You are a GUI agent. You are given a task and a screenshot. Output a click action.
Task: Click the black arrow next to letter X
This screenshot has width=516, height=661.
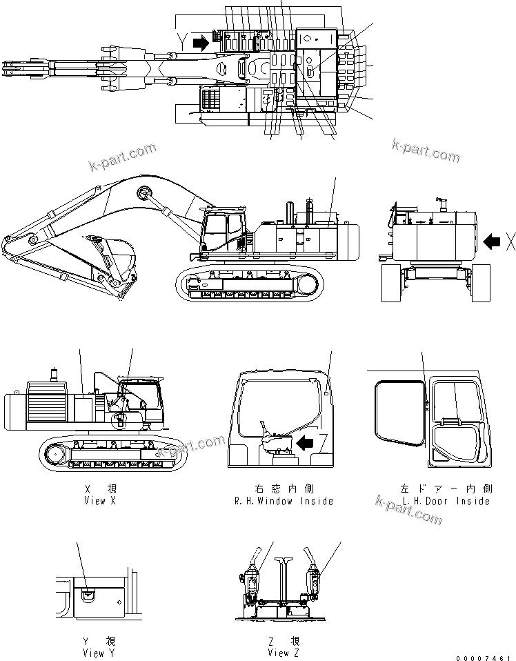click(x=491, y=241)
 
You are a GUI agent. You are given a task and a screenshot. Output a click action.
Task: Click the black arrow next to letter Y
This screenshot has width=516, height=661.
click(x=200, y=43)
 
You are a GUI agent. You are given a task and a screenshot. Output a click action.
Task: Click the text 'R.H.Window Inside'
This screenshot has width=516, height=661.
click(x=284, y=501)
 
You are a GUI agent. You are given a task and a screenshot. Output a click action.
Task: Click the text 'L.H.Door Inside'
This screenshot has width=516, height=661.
click(x=445, y=501)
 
